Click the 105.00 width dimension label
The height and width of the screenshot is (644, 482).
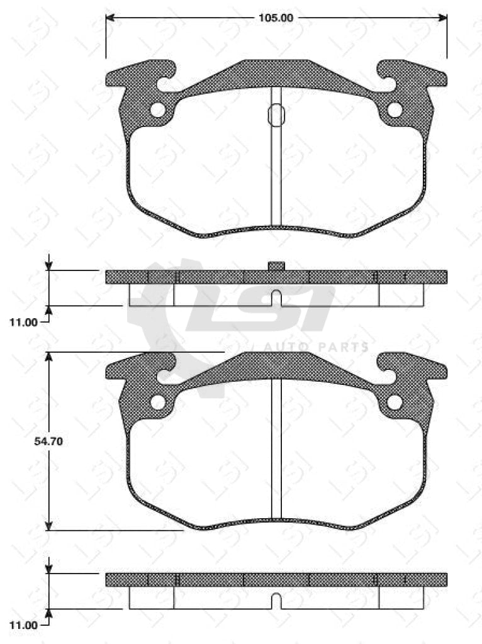(275, 18)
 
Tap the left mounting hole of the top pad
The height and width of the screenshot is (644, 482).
(157, 110)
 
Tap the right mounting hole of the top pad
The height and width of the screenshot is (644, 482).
(395, 110)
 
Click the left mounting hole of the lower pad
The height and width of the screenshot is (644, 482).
(157, 402)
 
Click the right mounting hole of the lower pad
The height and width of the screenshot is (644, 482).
(395, 402)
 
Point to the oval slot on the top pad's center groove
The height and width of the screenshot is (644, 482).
(276, 114)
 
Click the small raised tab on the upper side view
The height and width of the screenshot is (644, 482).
(276, 266)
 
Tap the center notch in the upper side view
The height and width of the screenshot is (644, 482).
(276, 297)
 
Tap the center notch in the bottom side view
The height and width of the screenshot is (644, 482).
(276, 601)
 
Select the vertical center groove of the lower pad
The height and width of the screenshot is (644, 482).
(276, 450)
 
